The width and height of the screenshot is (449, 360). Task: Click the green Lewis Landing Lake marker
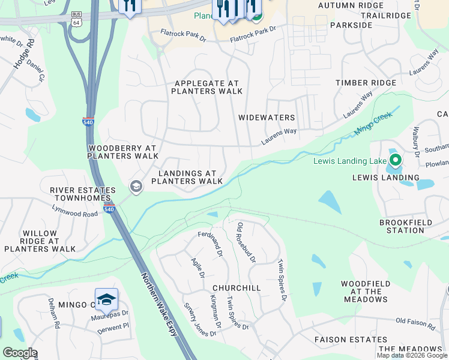(x=395, y=160)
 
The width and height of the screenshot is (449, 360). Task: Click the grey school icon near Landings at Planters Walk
(x=136, y=187)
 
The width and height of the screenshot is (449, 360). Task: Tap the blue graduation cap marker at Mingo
(x=106, y=299)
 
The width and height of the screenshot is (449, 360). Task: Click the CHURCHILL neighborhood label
(x=236, y=288)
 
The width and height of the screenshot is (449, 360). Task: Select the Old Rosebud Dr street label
(x=246, y=243)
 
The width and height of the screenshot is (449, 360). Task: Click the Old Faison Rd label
(x=415, y=324)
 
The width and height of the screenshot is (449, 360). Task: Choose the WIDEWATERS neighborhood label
(x=267, y=118)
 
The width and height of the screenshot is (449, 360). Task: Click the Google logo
(x=20, y=353)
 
